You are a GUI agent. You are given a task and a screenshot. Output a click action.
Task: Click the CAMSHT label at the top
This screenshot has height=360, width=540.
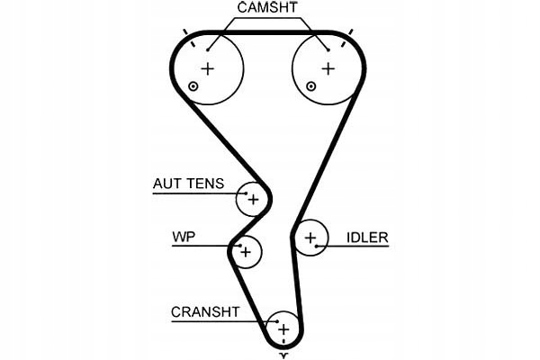click(267, 8)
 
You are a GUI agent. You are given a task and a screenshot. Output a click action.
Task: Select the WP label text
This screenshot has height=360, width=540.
click(183, 238)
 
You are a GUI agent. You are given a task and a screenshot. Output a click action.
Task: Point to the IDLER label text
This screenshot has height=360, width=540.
click(367, 238)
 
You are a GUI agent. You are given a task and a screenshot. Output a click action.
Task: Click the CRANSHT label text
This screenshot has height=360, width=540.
click(205, 312)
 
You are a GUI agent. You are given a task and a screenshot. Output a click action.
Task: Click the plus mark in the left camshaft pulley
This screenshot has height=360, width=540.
click(209, 68)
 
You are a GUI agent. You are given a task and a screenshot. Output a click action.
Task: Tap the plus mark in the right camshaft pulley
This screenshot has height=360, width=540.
click(328, 68)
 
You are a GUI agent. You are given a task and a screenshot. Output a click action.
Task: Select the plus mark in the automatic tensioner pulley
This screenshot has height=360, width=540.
click(253, 199)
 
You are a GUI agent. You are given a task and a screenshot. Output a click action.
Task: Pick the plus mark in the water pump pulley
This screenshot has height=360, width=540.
click(245, 252)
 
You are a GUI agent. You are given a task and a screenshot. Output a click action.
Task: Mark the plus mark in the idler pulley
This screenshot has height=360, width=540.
click(310, 238)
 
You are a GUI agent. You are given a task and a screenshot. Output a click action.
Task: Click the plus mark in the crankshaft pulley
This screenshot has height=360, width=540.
click(283, 329)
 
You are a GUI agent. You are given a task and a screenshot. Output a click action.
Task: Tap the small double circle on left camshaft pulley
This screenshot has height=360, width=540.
click(193, 86)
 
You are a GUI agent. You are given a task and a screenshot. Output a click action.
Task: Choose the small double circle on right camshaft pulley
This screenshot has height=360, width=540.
click(311, 86)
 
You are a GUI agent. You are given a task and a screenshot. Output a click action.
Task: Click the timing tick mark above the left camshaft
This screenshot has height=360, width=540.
click(186, 33)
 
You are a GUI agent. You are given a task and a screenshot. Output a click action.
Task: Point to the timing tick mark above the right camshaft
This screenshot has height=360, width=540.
click(350, 33)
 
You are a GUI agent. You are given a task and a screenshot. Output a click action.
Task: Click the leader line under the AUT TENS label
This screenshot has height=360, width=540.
click(193, 193)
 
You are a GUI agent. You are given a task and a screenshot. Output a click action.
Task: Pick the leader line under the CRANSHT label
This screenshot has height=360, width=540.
click(216, 321)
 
